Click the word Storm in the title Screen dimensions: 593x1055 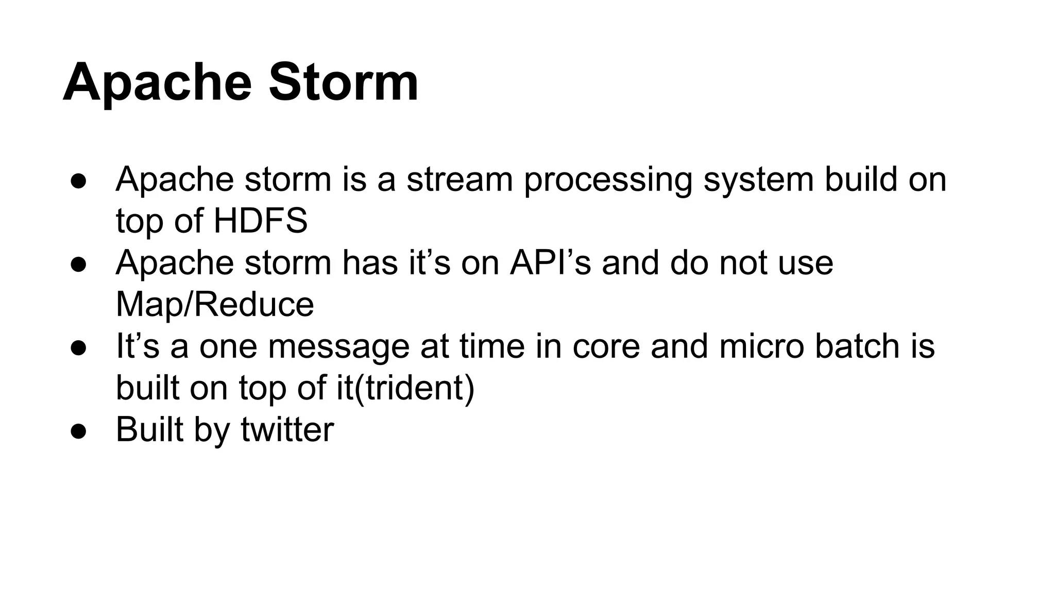343,82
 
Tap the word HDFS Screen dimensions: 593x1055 260,221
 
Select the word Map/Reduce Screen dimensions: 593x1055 215,304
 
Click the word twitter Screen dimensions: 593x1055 287,429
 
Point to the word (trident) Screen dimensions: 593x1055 413,388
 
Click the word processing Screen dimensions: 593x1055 608,180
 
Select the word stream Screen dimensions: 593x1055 460,180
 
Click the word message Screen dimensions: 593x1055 338,346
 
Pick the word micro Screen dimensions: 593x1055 761,346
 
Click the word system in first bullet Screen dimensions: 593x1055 758,180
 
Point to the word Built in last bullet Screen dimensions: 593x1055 149,429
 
